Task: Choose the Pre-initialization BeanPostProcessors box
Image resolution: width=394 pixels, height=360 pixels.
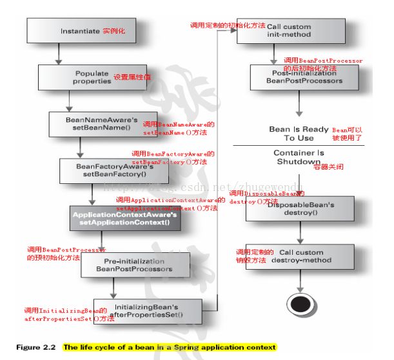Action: [136, 265]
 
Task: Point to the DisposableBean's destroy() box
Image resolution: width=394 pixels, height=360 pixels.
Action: [299, 208]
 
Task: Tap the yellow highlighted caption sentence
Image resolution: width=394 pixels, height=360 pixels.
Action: [169, 347]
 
